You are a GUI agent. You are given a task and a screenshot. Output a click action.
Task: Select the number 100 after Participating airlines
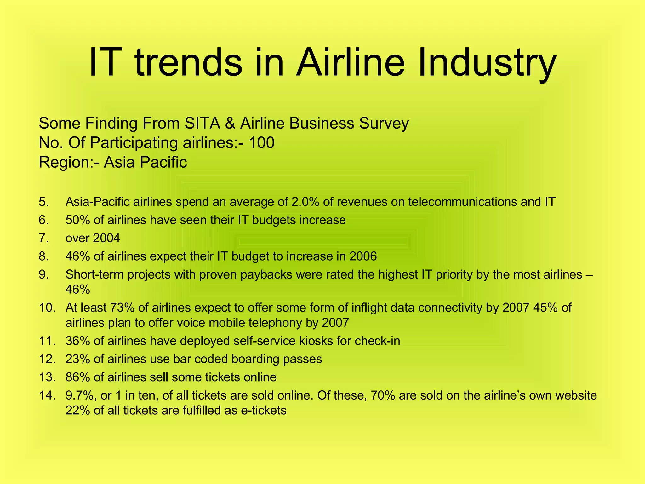pyautogui.click(x=261, y=143)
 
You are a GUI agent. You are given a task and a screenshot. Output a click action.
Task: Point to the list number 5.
pyautogui.click(x=44, y=202)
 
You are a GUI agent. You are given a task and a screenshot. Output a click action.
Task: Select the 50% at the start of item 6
pyautogui.click(x=77, y=220)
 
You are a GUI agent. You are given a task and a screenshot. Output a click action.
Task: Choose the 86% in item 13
pyautogui.click(x=77, y=377)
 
